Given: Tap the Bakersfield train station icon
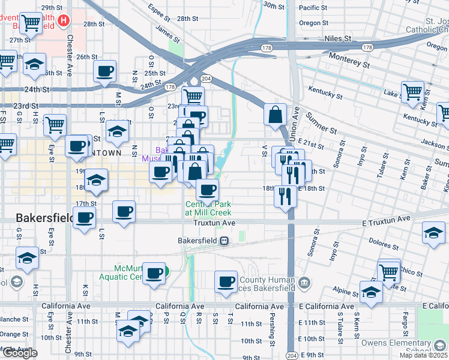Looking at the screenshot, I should tap(223, 241).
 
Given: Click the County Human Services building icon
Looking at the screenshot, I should tap(304, 282).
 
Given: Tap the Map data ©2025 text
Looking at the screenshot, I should tap(423, 355).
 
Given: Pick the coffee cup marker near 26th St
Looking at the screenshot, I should tap(105, 72).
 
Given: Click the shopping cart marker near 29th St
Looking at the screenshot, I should tap(31, 23).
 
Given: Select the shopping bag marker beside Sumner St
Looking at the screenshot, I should tap(275, 115).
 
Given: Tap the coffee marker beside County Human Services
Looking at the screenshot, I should tap(226, 282).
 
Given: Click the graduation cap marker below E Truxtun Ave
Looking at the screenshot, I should tap(433, 233).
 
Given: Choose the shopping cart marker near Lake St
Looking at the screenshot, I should tap(412, 92).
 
